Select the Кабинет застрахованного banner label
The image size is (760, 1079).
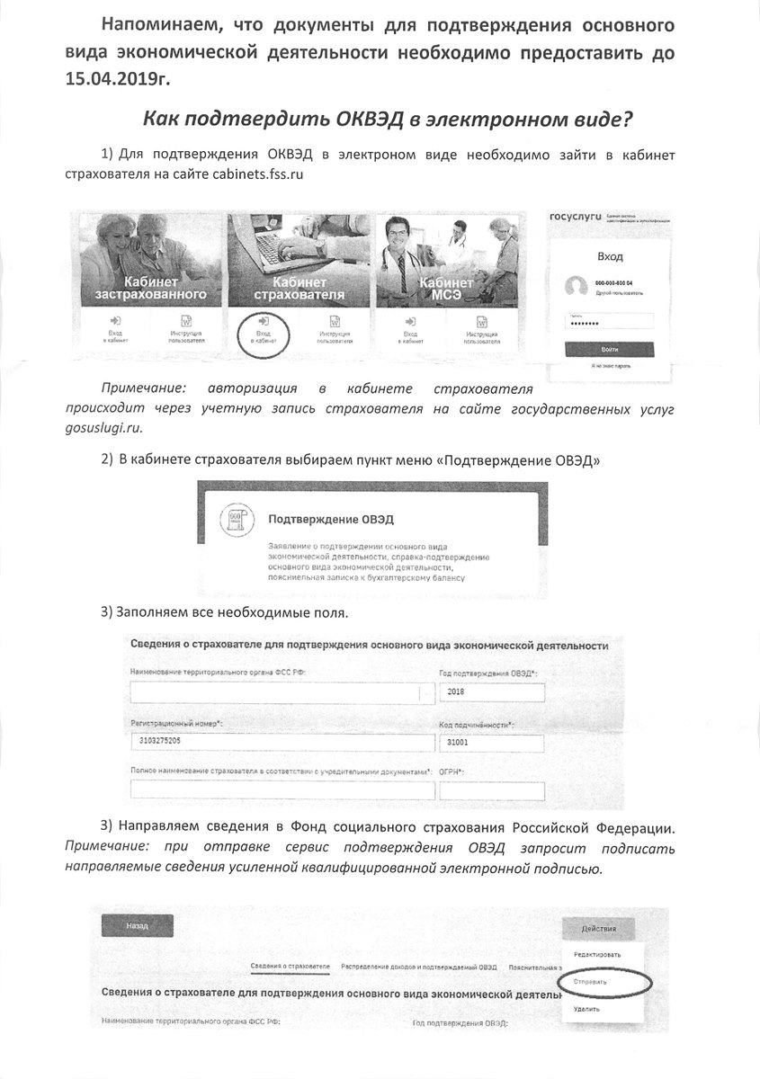(150, 289)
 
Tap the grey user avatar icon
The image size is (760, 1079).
(575, 287)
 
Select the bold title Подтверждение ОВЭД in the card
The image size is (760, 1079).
(331, 520)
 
